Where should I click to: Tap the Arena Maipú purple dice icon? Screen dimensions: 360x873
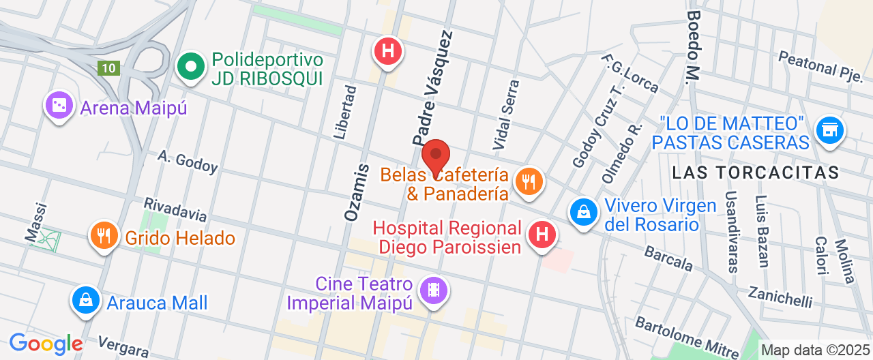[x=59, y=106]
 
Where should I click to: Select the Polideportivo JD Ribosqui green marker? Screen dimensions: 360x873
[x=192, y=67]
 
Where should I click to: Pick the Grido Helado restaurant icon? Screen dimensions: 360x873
[x=104, y=236]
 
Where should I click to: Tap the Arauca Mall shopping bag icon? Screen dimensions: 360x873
[x=86, y=300]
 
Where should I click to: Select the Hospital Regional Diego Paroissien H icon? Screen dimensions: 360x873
[x=542, y=235]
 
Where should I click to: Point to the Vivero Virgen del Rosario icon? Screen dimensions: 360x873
[x=584, y=212]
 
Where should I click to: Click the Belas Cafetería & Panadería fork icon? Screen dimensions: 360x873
[x=528, y=181]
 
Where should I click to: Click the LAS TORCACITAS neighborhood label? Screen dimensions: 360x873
[x=755, y=172]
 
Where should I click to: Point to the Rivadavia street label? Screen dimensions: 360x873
[x=175, y=209]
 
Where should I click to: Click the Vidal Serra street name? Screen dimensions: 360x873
[x=506, y=115]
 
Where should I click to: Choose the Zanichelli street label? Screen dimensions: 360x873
[x=780, y=296]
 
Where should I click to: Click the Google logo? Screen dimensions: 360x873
[x=46, y=344]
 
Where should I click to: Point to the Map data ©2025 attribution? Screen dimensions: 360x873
[x=815, y=350]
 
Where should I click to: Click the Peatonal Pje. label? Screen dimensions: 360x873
[x=820, y=64]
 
